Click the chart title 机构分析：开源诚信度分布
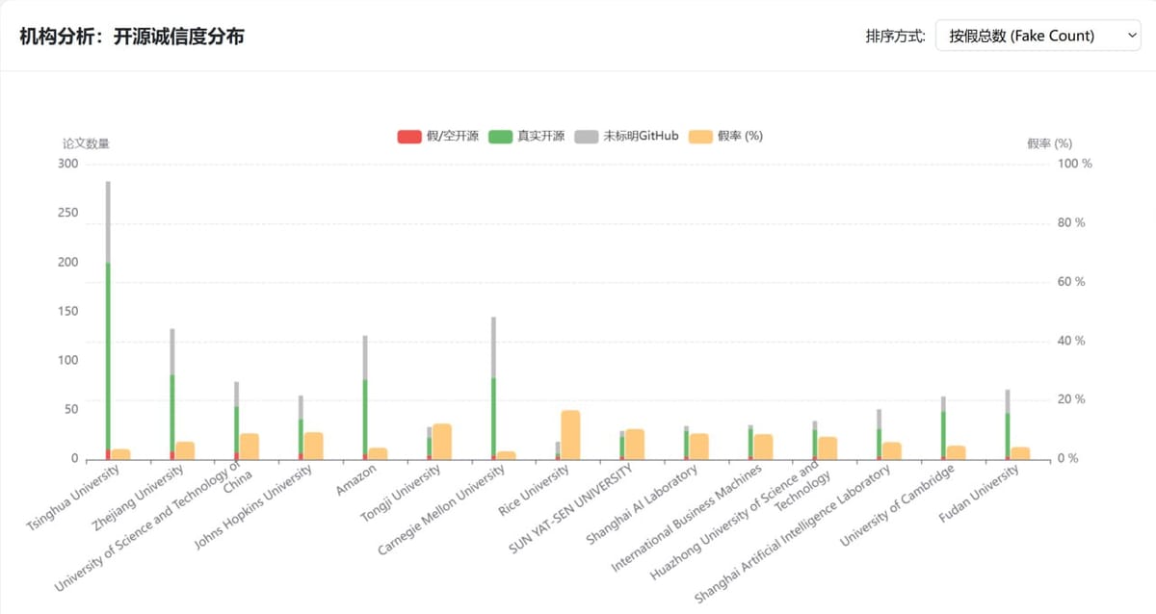click(132, 37)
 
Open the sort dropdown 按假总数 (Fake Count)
click(1038, 36)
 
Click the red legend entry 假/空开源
click(438, 136)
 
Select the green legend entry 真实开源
click(526, 136)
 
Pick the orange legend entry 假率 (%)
click(726, 136)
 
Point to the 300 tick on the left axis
click(67, 164)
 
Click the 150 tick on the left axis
click(67, 311)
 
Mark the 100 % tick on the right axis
click(1075, 164)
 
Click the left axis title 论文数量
click(86, 143)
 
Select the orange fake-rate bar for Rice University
click(570, 435)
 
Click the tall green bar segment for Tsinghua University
click(108, 356)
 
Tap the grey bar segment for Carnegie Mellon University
click(493, 346)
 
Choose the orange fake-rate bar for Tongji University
click(441, 442)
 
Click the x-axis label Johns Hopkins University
click(253, 507)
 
